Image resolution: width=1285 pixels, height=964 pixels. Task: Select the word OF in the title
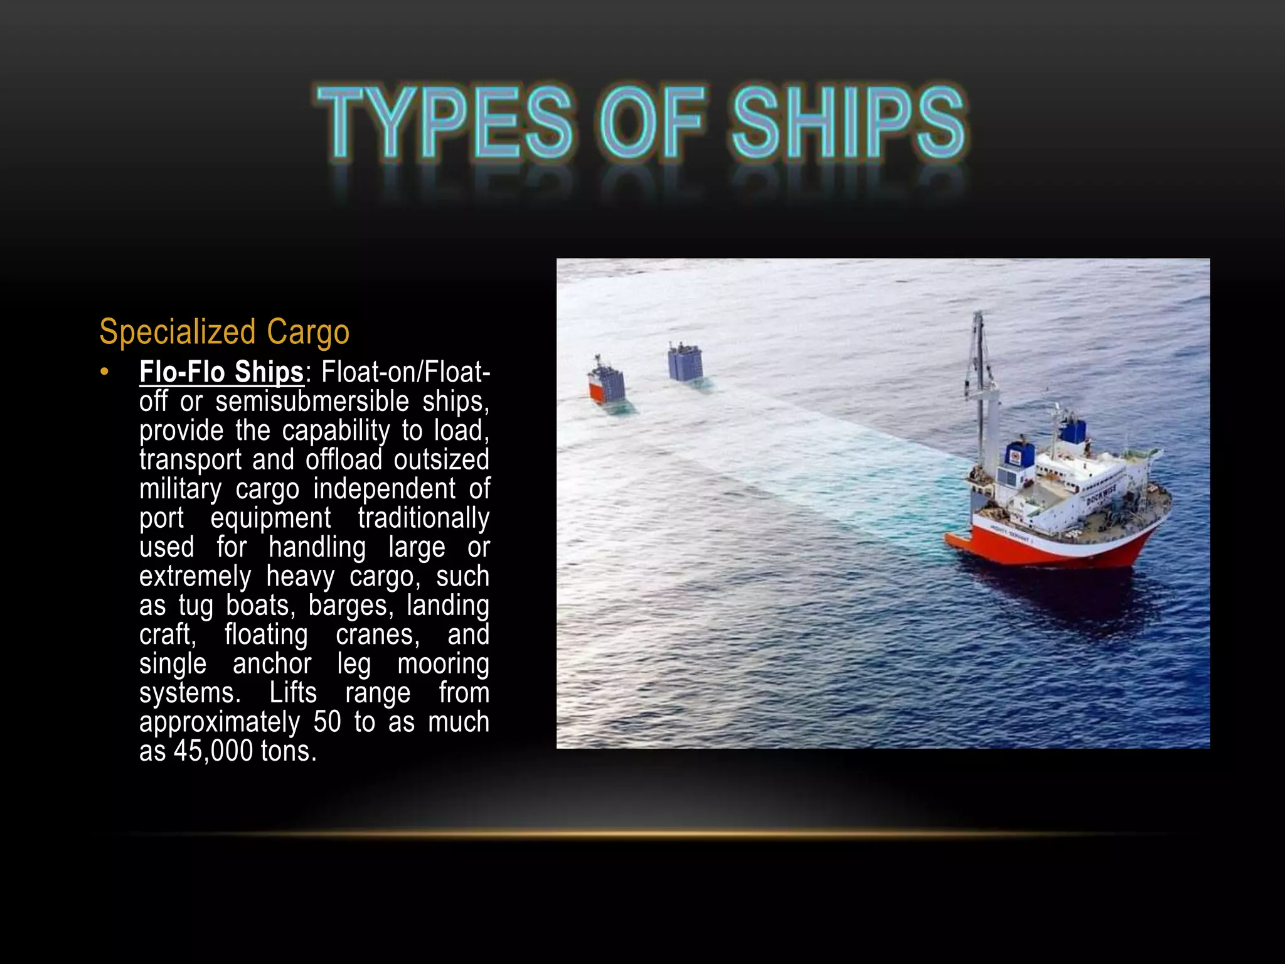[652, 122]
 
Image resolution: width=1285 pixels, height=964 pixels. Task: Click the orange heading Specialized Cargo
[224, 332]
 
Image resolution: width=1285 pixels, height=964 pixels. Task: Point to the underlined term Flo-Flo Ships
[221, 372]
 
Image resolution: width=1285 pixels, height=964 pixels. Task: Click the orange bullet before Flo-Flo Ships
[105, 372]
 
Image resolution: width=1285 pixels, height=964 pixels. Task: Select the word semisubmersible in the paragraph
[312, 402]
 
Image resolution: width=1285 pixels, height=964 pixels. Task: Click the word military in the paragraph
[180, 489]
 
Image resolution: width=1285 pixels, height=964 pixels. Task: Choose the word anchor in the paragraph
[272, 664]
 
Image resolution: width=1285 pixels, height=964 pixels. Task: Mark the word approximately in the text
[219, 722]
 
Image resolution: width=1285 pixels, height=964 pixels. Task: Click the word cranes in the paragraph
[377, 635]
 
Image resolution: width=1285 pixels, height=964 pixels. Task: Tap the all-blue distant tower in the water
[685, 363]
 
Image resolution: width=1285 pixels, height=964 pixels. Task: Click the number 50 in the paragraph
[327, 722]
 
